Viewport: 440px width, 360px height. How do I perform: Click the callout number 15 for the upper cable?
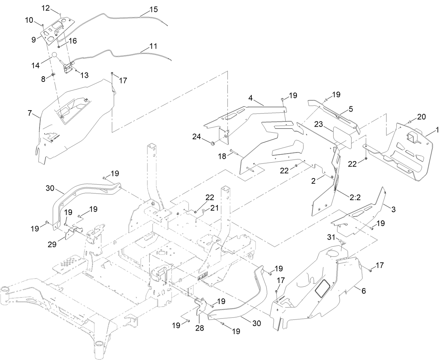tap(153, 9)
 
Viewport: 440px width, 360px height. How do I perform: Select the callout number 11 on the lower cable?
tap(153, 46)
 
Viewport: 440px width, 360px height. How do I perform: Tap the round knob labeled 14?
tap(55, 55)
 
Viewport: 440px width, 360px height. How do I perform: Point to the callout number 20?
tap(421, 117)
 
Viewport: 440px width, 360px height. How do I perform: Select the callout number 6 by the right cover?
tap(363, 291)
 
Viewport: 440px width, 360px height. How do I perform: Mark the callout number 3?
tap(393, 210)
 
